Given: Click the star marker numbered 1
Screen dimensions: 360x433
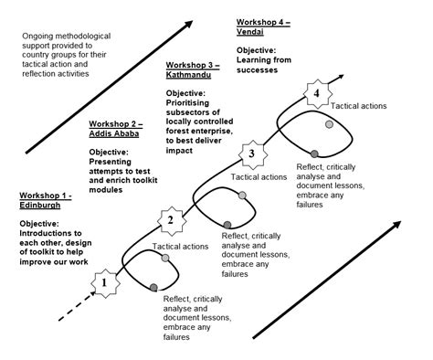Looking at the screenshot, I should tap(105, 283).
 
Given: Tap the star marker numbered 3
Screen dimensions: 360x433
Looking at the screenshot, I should tap(252, 153).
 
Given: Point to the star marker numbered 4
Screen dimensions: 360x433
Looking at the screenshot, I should tap(317, 92).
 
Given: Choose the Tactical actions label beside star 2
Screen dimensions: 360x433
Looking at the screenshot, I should tap(180, 247).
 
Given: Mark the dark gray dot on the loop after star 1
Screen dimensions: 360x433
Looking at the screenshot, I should tap(152, 289).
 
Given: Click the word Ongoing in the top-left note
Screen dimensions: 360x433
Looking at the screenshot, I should tap(41, 37).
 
